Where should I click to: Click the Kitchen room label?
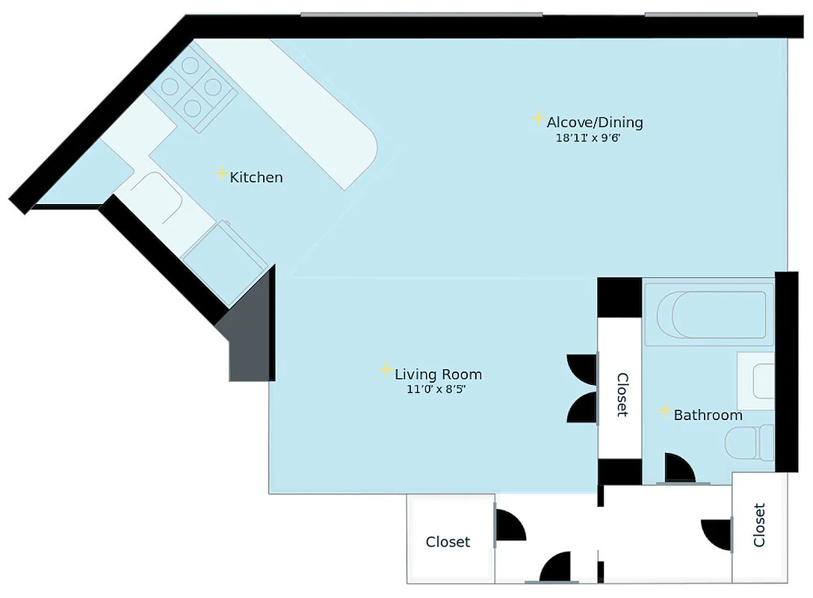coord(256,178)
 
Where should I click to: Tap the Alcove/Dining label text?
coord(594,123)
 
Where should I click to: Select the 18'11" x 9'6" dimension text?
coord(588,138)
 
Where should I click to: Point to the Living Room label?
coord(438,374)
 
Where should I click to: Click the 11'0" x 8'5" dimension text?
coord(437,389)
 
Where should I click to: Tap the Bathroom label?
coord(708,415)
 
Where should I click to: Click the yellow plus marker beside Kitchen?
coord(221,173)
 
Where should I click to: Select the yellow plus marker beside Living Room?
coord(386,369)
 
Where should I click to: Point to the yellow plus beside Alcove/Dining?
coord(538,118)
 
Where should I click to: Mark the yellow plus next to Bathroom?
coord(664,410)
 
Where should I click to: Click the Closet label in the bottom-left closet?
coord(448,542)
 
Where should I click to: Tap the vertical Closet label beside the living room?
coord(621,394)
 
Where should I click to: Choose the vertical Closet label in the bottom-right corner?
coord(759,525)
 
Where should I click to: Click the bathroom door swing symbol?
coord(678,469)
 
